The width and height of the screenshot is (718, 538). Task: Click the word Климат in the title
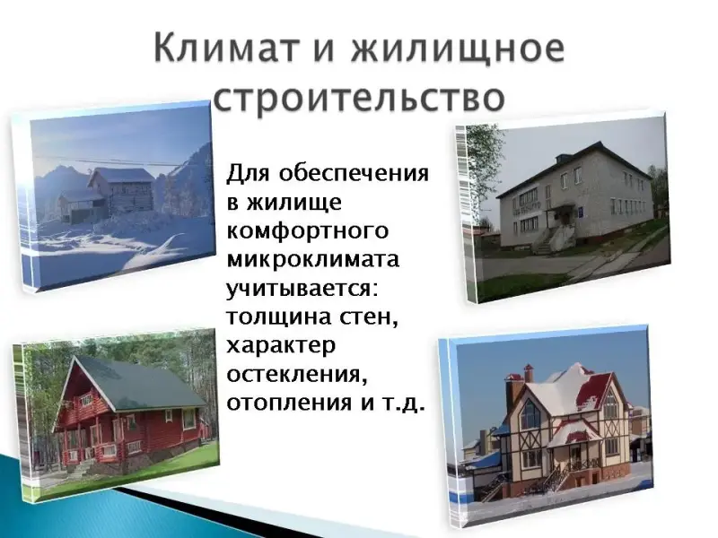pyautogui.click(x=226, y=48)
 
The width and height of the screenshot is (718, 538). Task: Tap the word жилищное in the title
pyautogui.click(x=458, y=49)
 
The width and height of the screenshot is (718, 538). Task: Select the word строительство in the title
pyautogui.click(x=360, y=98)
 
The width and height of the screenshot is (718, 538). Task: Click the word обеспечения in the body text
pyautogui.click(x=354, y=174)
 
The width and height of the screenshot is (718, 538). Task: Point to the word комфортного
pyautogui.click(x=307, y=231)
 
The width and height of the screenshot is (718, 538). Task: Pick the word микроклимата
pyautogui.click(x=313, y=259)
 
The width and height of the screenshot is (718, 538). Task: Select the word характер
pyautogui.click(x=281, y=346)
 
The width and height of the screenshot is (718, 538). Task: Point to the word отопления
pyautogui.click(x=287, y=403)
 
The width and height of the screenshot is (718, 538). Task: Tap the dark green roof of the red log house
pyautogui.click(x=137, y=385)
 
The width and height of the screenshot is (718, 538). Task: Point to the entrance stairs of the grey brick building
pyautogui.click(x=549, y=238)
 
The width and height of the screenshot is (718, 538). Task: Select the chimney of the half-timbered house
pyautogui.click(x=529, y=373)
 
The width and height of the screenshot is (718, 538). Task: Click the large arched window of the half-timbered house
pyautogui.click(x=530, y=414)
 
